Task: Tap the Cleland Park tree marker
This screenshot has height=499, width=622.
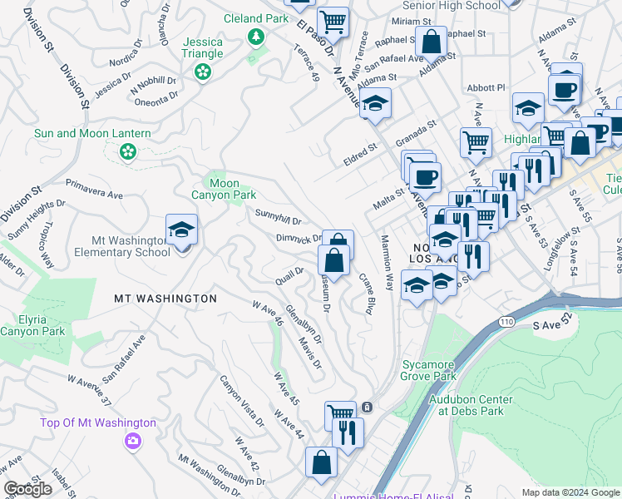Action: [256, 37]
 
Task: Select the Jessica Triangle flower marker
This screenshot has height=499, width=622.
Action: [201, 73]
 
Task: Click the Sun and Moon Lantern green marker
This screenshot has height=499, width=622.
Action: [127, 151]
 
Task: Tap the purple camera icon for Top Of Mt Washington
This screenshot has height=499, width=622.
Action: [131, 440]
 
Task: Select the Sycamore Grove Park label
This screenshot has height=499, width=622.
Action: [430, 370]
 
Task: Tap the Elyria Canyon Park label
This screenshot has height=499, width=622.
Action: [32, 324]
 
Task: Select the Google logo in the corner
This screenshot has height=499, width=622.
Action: [27, 489]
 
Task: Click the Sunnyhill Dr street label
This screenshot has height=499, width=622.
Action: [278, 218]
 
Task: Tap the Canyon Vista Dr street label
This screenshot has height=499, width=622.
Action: [242, 400]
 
